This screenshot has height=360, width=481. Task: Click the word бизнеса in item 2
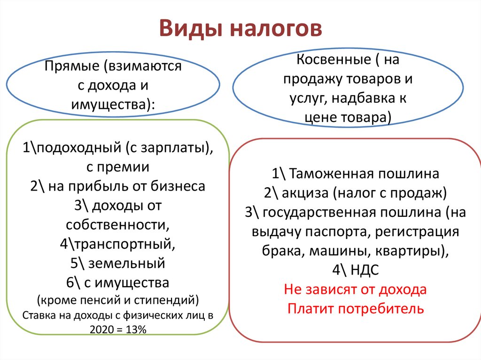[x=178, y=186]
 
